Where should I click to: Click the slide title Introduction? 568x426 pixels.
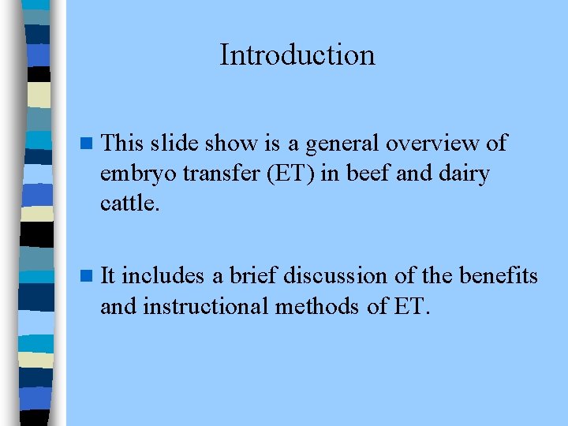pyautogui.click(x=297, y=55)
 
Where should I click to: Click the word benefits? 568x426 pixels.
pyautogui.click(x=499, y=276)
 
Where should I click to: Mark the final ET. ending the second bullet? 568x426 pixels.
pyautogui.click(x=411, y=305)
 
